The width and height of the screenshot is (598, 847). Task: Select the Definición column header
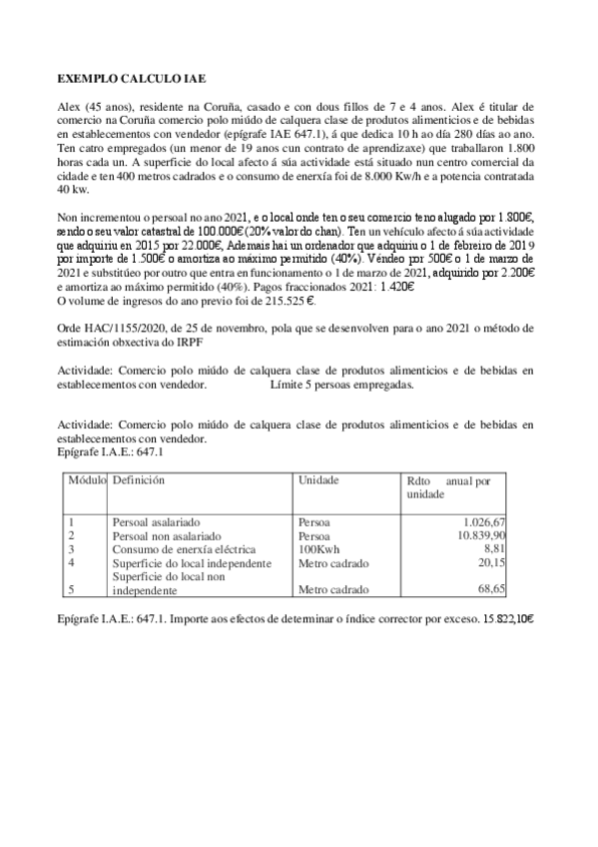click(139, 480)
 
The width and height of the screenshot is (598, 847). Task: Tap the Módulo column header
click(86, 480)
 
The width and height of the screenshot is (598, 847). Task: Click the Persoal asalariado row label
click(156, 522)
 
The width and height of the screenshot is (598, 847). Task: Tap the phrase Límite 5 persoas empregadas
click(341, 384)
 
